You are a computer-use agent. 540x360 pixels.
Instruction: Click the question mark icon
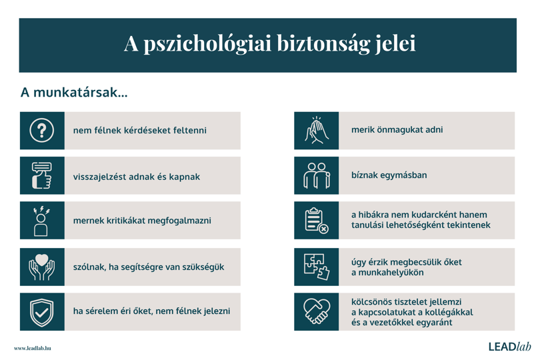click(42, 131)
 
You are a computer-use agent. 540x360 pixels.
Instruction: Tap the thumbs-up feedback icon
click(42, 175)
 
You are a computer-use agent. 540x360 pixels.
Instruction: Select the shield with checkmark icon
click(42, 312)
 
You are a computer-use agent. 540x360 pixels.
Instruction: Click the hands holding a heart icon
click(42, 267)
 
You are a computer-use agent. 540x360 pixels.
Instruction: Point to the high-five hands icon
click(317, 130)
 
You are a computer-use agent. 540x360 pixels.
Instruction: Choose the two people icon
click(317, 175)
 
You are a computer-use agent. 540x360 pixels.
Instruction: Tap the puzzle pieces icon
click(317, 267)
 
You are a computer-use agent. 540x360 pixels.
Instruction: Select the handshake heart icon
click(317, 311)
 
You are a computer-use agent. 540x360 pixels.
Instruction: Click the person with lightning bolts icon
click(41, 221)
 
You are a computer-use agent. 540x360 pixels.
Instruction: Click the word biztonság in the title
click(323, 44)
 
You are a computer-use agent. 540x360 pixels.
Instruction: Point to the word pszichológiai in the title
click(207, 44)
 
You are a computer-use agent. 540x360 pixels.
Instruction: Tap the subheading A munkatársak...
click(74, 92)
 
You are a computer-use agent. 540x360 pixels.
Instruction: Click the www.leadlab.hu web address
click(33, 348)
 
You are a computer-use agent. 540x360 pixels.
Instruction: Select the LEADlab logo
click(510, 346)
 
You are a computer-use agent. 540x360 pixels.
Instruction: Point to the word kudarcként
click(434, 215)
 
